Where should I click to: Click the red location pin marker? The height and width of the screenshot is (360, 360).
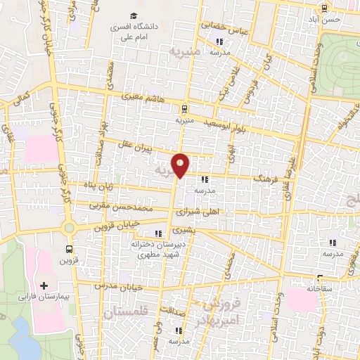point(181,165)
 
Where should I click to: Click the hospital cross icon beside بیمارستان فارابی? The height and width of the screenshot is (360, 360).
point(44,286)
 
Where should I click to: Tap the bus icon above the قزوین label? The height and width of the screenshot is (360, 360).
point(69,249)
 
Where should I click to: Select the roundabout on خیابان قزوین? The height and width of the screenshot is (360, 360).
point(69,228)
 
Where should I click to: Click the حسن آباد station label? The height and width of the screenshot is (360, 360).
point(326,19)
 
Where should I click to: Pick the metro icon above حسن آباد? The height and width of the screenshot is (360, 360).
point(324,8)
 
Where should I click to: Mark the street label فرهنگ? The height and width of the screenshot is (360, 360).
point(263,180)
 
